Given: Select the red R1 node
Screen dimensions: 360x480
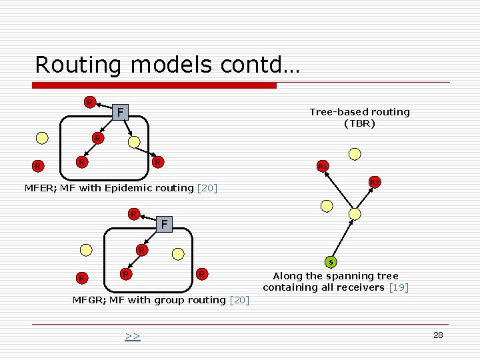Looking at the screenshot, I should [323, 165].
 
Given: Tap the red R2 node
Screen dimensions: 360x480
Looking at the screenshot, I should [375, 182].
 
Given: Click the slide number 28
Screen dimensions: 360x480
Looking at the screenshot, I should [438, 335].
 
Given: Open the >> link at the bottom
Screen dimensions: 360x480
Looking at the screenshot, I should [133, 336].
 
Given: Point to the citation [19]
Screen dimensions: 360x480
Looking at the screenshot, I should [398, 287].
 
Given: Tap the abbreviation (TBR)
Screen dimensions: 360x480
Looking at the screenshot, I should [359, 123].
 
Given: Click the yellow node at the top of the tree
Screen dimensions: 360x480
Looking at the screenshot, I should [355, 153].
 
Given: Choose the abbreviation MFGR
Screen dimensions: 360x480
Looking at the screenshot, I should [88, 300].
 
